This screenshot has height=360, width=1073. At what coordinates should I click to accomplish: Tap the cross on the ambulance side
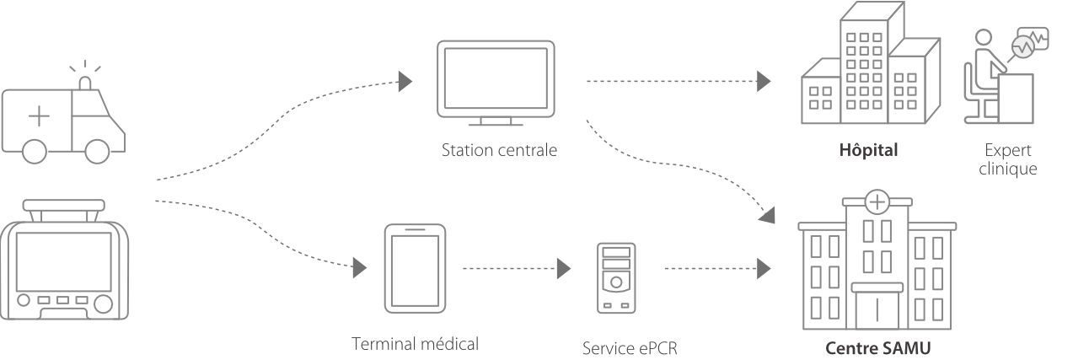(39, 117)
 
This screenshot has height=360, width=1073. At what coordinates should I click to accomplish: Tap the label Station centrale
(499, 152)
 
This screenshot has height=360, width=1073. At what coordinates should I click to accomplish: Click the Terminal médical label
(416, 344)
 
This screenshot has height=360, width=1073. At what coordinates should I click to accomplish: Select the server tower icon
(617, 277)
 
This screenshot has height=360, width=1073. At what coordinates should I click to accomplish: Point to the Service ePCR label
(629, 347)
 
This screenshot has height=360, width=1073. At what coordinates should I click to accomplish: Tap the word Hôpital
(869, 151)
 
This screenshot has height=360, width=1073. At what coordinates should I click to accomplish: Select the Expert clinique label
(1008, 159)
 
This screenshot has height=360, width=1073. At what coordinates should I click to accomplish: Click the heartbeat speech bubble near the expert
(1029, 43)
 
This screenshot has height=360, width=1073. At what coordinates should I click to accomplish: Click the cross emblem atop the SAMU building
(877, 202)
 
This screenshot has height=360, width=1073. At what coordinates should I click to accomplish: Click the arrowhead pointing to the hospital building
(764, 82)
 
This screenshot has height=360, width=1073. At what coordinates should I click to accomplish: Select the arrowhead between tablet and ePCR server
(564, 269)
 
